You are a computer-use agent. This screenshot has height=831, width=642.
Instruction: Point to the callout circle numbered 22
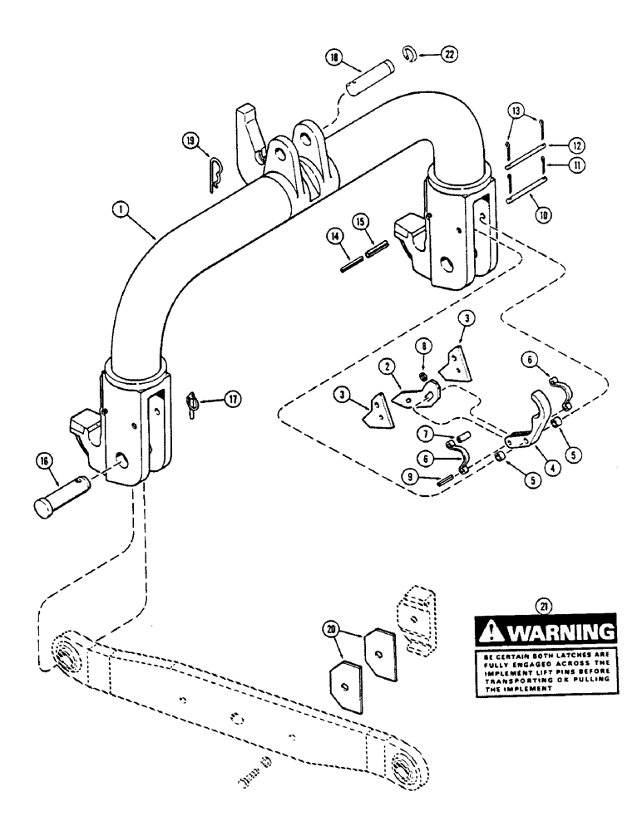[448, 56]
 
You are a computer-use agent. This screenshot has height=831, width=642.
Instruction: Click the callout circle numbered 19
[190, 143]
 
